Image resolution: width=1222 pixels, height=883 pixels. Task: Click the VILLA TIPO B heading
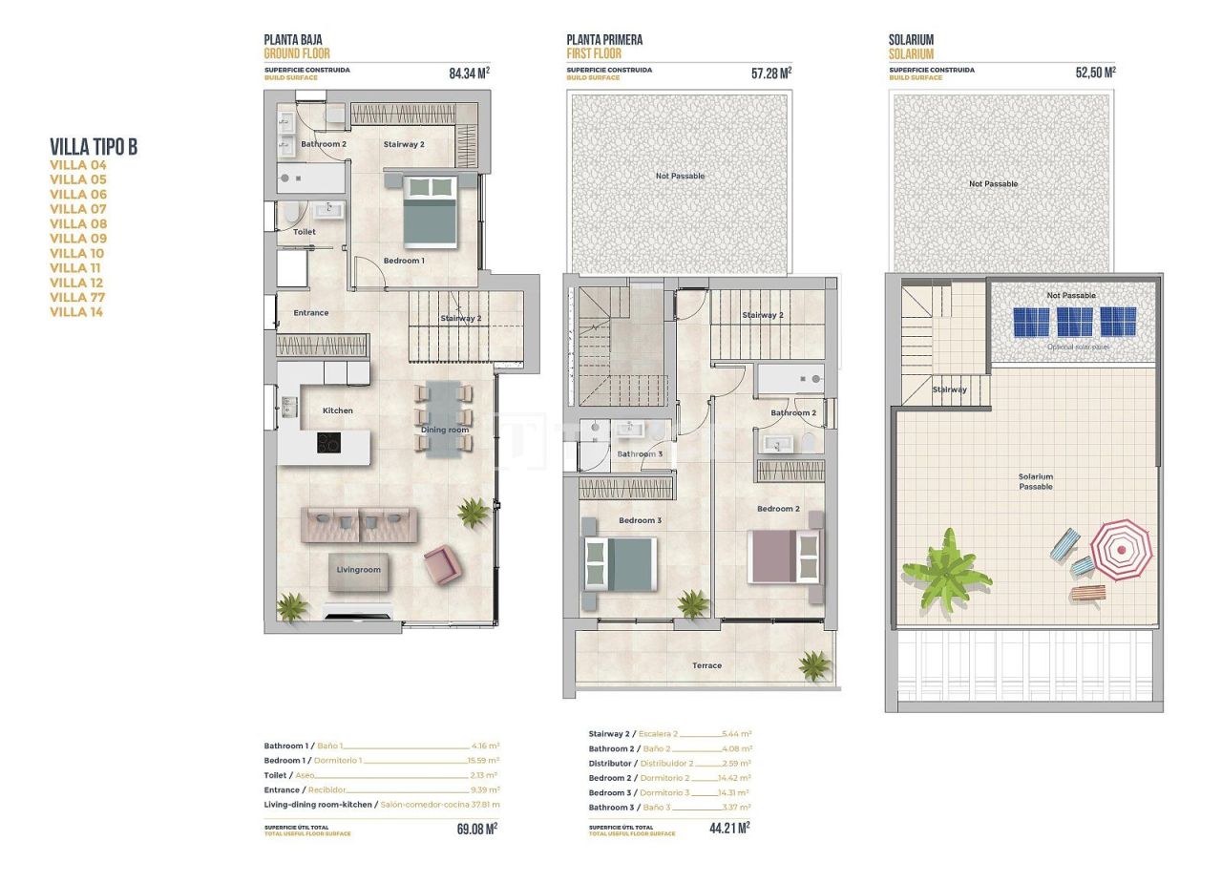94,146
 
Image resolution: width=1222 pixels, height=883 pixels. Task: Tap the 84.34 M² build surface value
469,73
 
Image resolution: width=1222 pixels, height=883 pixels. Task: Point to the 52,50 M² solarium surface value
1095,73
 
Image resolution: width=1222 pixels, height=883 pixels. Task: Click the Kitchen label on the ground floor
337,410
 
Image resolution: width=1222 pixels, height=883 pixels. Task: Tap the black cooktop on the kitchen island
328,443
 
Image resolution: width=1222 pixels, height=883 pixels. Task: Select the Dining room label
445,430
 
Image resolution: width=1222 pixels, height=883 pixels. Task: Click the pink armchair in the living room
442,564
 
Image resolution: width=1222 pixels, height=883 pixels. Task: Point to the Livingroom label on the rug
358,570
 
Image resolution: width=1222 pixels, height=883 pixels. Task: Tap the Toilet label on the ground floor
305,232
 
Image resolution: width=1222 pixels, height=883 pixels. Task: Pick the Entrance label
310,313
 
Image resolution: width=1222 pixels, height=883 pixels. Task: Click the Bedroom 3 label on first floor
640,520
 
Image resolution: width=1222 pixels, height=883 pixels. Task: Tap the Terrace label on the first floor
706,665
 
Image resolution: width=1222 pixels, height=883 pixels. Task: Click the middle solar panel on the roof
1074,322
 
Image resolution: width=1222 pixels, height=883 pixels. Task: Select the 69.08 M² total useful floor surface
476,829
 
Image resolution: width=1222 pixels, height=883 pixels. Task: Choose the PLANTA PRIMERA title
603,40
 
